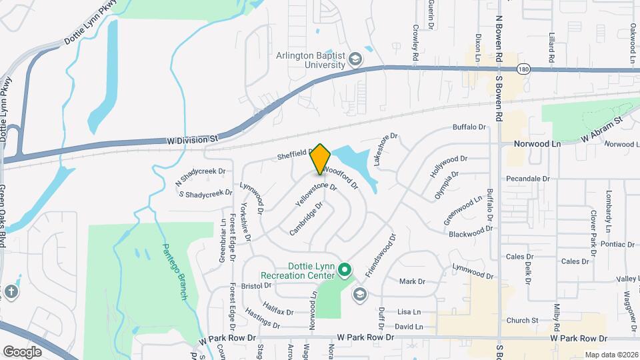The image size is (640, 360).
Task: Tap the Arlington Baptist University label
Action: pos(311,61)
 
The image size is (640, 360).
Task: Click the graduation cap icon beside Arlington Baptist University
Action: pos(356,60)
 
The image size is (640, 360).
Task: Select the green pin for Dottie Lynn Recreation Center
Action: pos(344,270)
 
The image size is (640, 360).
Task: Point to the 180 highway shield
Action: pos(525,69)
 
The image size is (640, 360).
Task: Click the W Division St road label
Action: pos(193,139)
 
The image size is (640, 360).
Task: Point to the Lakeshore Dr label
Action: pos(385,149)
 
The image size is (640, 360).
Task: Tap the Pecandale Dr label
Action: pos(527,179)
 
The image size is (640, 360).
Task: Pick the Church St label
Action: pos(521,321)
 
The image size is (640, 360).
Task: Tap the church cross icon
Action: pos(11,291)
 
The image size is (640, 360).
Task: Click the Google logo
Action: pos(22,351)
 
